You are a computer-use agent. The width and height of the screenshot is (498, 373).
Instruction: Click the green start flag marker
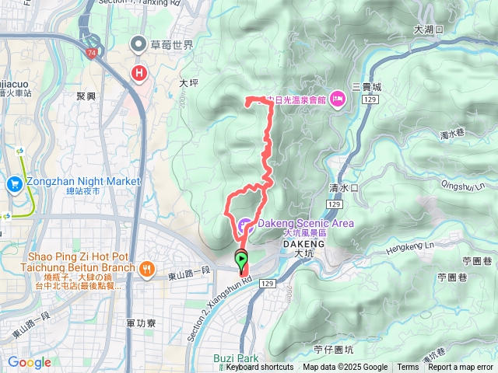pos(242,260)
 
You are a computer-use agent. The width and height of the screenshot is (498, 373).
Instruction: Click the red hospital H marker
pos(139,74)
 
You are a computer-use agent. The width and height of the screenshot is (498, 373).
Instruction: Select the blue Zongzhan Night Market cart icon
pos(15,184)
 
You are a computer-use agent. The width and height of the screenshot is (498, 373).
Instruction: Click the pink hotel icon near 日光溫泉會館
pos(338,98)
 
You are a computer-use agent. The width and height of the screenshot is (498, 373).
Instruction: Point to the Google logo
pos(29,362)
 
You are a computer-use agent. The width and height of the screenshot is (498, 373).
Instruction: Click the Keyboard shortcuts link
pos(260,368)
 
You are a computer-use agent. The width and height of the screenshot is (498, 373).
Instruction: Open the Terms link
pos(408,368)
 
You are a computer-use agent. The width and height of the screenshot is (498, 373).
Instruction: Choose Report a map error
pos(461,368)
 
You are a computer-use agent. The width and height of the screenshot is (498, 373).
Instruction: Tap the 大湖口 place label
pos(429,29)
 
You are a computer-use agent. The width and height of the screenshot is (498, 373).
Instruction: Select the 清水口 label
pos(343,188)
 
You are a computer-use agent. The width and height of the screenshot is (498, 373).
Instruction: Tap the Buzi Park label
pos(236,358)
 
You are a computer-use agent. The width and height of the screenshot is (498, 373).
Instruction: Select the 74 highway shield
pos(92,53)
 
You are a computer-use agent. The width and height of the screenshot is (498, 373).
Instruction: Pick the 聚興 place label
pos(86,96)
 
